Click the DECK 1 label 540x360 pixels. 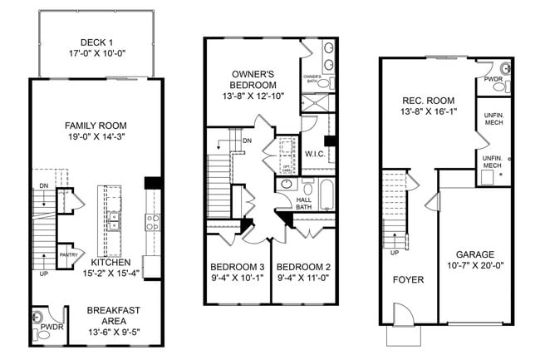pos(97,43)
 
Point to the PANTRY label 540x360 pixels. pos(67,255)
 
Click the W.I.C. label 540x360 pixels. pos(315,154)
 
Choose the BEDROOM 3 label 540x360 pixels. pos(237,268)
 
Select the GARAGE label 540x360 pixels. pos(475,254)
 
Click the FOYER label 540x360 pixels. pos(408,279)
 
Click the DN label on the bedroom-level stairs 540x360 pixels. pos(247,141)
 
